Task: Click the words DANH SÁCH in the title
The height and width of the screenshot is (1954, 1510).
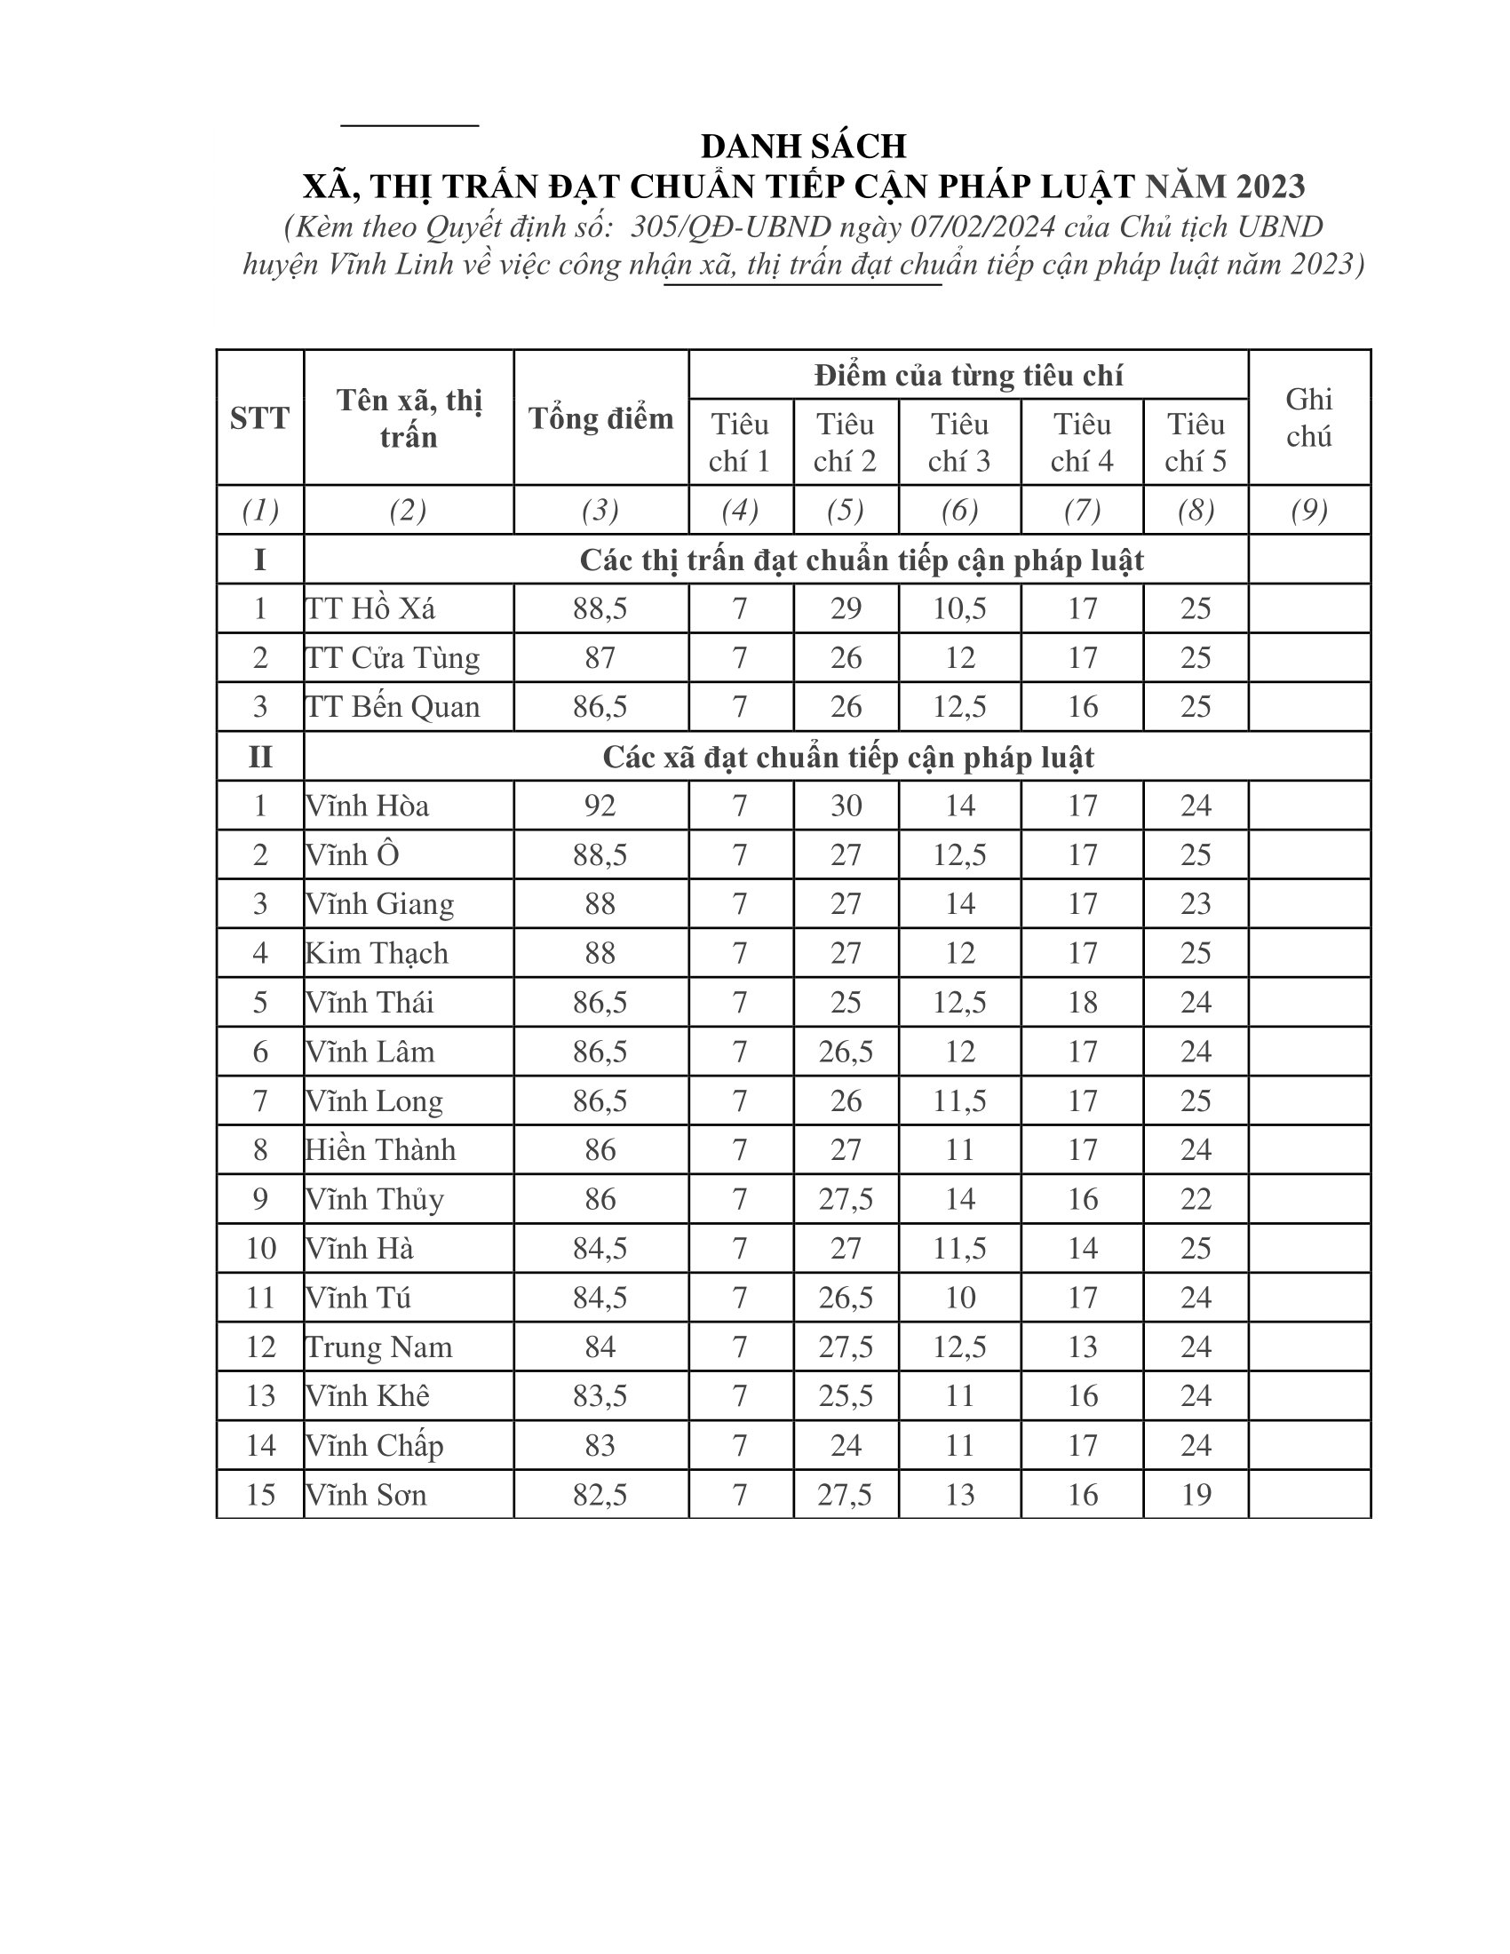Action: [x=803, y=146]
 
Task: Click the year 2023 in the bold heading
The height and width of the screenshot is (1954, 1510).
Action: [x=1271, y=187]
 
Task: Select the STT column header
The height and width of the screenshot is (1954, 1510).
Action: [x=259, y=417]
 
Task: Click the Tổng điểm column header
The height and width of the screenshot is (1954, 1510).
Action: [x=600, y=417]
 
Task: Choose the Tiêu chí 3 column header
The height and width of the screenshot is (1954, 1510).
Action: [x=959, y=442]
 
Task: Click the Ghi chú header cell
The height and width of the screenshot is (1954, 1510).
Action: [x=1308, y=417]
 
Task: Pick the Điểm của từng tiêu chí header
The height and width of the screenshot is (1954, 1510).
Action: [x=968, y=375]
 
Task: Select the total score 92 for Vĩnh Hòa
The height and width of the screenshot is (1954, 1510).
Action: [x=600, y=806]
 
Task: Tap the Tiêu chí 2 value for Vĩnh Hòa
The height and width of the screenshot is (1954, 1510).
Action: [x=846, y=806]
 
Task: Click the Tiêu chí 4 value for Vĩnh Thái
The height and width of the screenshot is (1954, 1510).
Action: [x=1082, y=1002]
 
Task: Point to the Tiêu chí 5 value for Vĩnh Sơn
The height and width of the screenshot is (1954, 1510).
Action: [x=1195, y=1494]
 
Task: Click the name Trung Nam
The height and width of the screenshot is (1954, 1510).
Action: [x=379, y=1346]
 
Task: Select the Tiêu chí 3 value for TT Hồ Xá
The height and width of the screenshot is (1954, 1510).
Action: [x=959, y=608]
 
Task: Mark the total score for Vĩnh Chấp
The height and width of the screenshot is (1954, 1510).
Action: [x=600, y=1445]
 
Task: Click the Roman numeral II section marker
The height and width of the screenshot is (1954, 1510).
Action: [x=259, y=757]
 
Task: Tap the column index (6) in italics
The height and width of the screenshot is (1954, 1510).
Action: [x=959, y=510]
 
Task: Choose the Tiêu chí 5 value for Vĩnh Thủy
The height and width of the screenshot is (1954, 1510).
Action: [x=1195, y=1199]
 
